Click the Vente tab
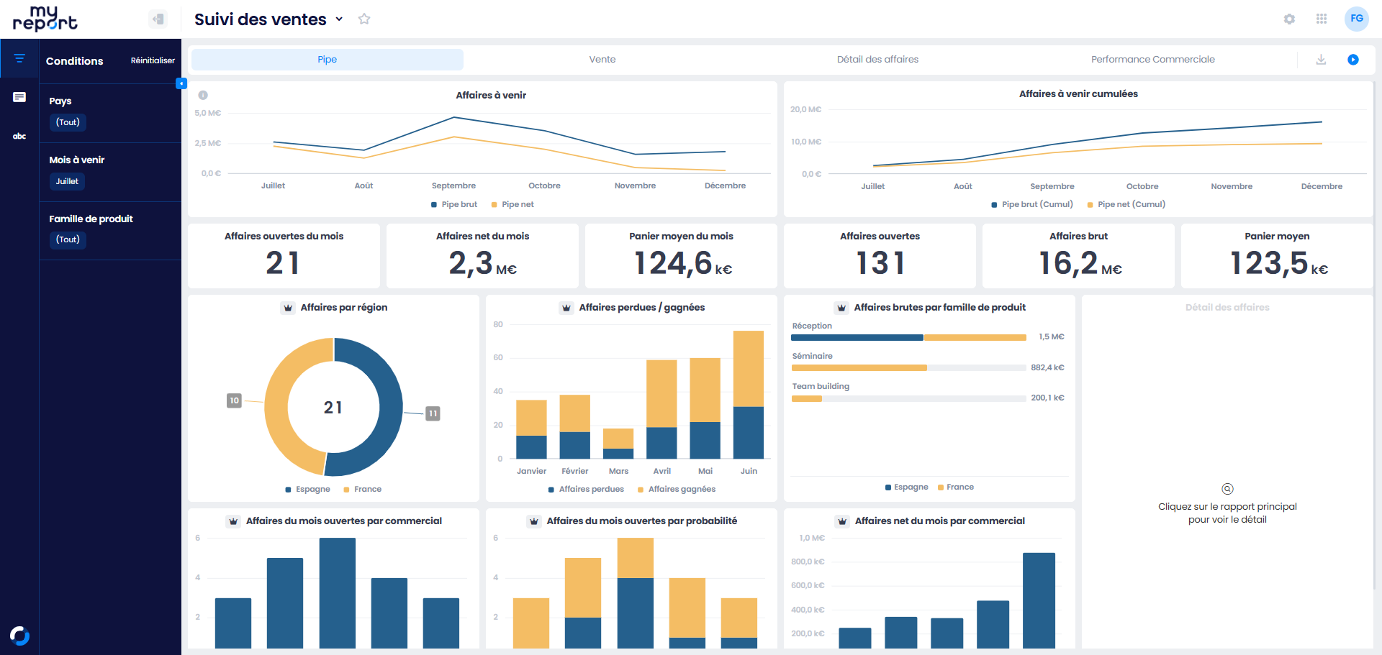coord(602,60)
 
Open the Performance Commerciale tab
coord(1152,60)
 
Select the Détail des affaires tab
coord(877,60)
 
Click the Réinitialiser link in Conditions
coord(153,60)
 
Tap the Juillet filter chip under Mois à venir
coord(67,181)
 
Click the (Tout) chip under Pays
coord(68,122)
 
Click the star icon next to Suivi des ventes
coord(364,19)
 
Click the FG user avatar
coord(1357,19)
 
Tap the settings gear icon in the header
coord(1289,19)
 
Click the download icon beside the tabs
coord(1321,60)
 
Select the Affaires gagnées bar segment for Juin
coord(749,369)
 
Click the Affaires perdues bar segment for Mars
coord(618,454)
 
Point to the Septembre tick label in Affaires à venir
coord(453,185)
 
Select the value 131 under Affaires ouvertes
coord(880,263)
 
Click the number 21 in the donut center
coord(333,408)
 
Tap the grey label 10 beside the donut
coord(234,400)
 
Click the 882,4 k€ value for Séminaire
coord(1047,367)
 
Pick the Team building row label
coord(821,386)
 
